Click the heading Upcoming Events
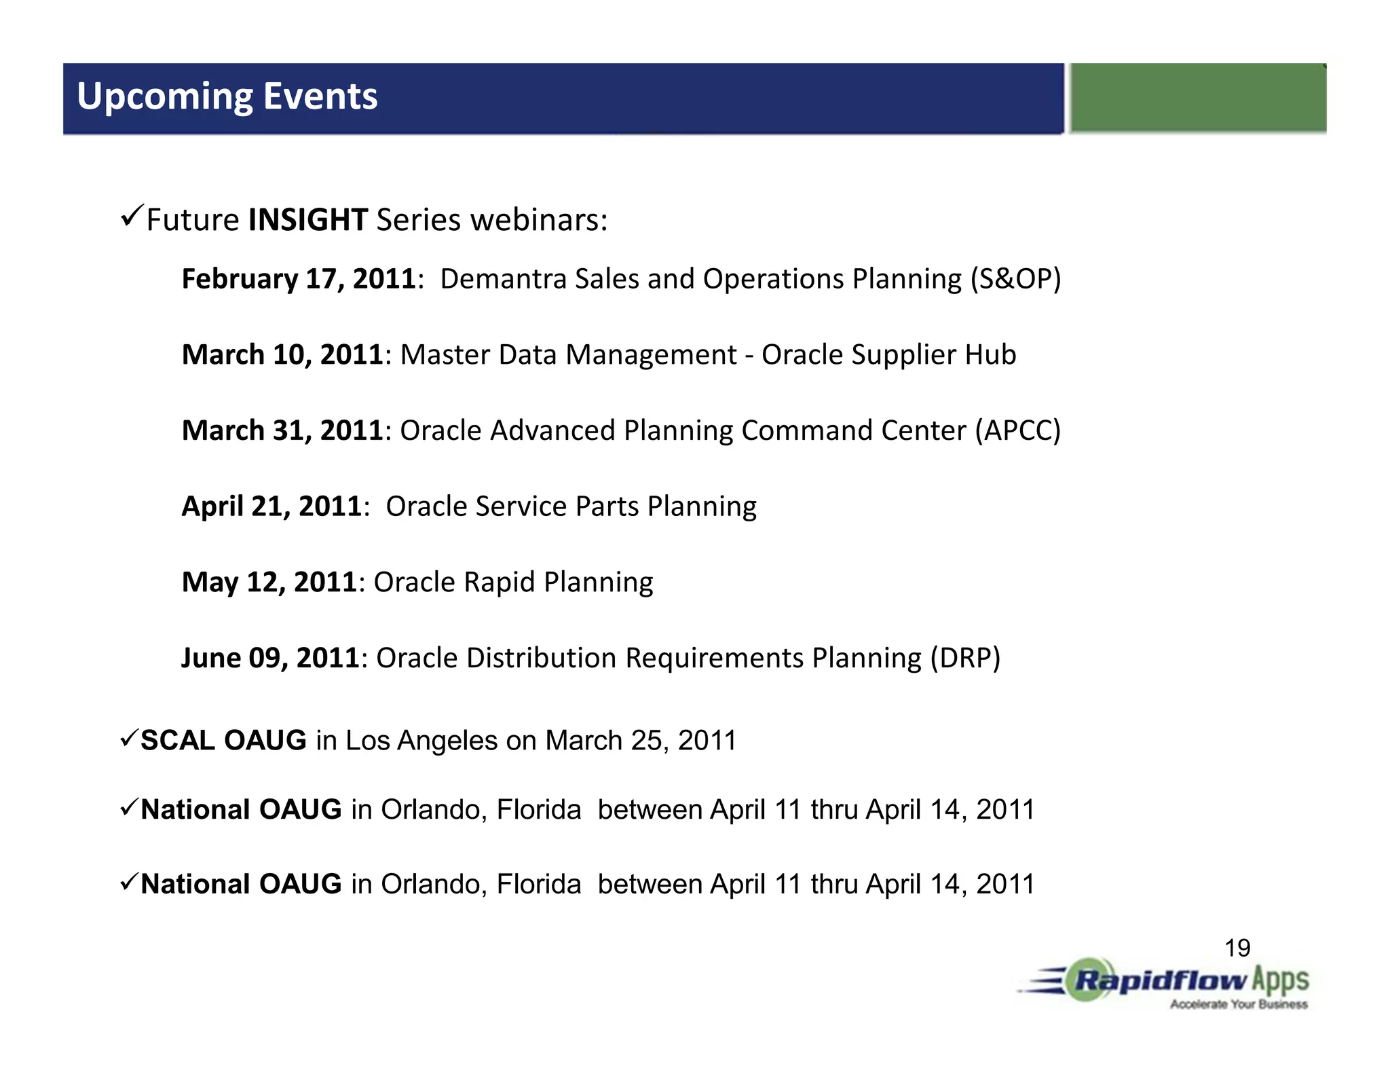[x=227, y=96]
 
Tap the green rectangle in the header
[x=1197, y=98]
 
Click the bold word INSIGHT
[x=308, y=220]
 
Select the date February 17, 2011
[x=299, y=279]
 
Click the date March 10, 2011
[x=282, y=355]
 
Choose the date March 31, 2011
[x=282, y=430]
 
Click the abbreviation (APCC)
[x=1017, y=430]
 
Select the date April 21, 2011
[x=271, y=506]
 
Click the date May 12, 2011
[x=269, y=582]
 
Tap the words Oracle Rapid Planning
[x=513, y=582]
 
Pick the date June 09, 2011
[x=270, y=658]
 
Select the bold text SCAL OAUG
[x=223, y=740]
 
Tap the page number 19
[x=1237, y=948]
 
